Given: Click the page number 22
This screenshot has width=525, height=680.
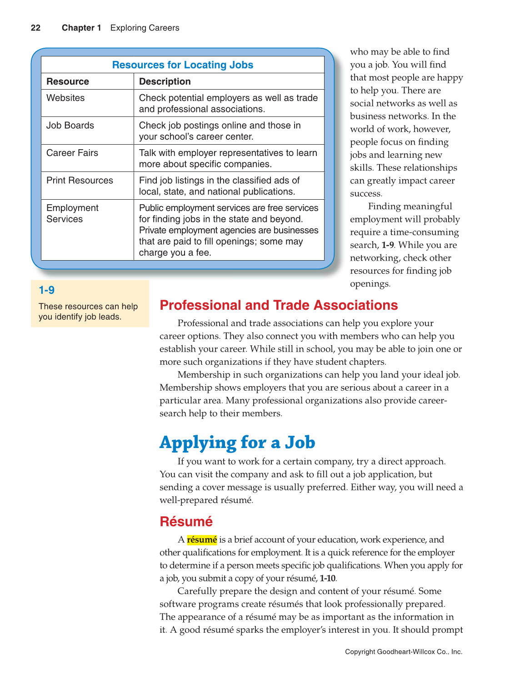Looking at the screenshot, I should (35, 28).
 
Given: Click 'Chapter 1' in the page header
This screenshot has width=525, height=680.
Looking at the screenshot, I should (81, 28).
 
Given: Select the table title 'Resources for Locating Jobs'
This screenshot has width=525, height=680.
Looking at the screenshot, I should (182, 65).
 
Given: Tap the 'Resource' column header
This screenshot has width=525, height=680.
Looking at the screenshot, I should (68, 81).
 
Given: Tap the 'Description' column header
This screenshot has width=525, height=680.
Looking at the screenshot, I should (165, 81).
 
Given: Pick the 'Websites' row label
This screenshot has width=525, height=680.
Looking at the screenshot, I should (65, 98).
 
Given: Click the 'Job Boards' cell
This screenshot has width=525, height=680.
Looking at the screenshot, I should (70, 126).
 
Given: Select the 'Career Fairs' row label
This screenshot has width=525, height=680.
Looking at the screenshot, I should (72, 153).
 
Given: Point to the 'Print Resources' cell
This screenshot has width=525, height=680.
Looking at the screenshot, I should (80, 181).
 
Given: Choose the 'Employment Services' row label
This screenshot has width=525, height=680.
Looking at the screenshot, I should (72, 213).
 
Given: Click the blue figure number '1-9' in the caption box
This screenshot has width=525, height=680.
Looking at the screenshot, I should (46, 290).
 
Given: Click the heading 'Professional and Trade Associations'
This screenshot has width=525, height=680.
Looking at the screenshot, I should (279, 305).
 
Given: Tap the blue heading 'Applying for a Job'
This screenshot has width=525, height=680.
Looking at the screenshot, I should (237, 443).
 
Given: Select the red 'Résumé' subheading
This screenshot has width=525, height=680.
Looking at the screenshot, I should (186, 522).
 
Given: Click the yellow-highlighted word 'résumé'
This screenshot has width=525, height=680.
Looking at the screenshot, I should (202, 540).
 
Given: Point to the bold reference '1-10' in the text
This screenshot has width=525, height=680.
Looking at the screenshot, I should (327, 579).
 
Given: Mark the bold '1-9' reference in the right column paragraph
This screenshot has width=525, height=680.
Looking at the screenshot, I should (387, 245).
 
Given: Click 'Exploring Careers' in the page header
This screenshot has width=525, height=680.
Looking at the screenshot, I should (145, 28).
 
